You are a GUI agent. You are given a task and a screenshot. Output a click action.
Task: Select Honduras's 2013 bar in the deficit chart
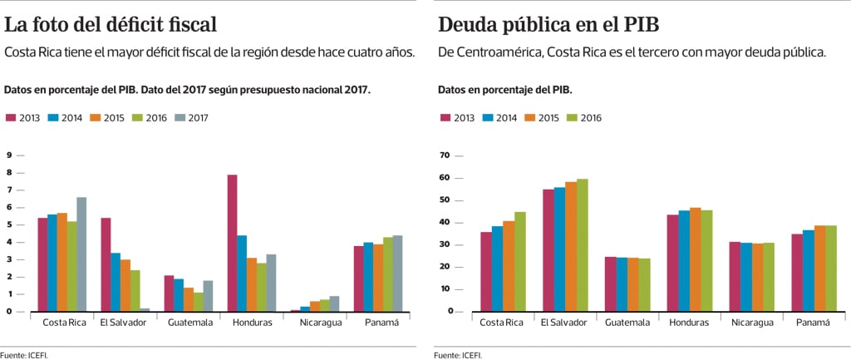(x=233, y=243)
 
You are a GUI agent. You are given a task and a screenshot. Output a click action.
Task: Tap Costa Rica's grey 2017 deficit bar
(x=81, y=254)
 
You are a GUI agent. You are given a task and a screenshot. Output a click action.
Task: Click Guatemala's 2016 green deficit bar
(x=199, y=302)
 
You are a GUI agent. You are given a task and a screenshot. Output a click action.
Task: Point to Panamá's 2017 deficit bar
(x=398, y=274)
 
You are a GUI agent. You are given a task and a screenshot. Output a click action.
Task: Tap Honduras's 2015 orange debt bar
(x=696, y=259)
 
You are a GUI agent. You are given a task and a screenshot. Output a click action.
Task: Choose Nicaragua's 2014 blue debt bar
(x=746, y=277)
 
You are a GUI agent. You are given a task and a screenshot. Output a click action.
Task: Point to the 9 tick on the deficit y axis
(x=8, y=155)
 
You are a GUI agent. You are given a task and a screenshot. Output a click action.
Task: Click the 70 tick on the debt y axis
(x=444, y=155)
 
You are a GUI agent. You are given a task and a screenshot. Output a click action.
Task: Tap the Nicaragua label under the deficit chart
(x=321, y=323)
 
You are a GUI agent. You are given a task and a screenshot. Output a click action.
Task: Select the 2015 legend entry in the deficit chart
(x=107, y=118)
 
